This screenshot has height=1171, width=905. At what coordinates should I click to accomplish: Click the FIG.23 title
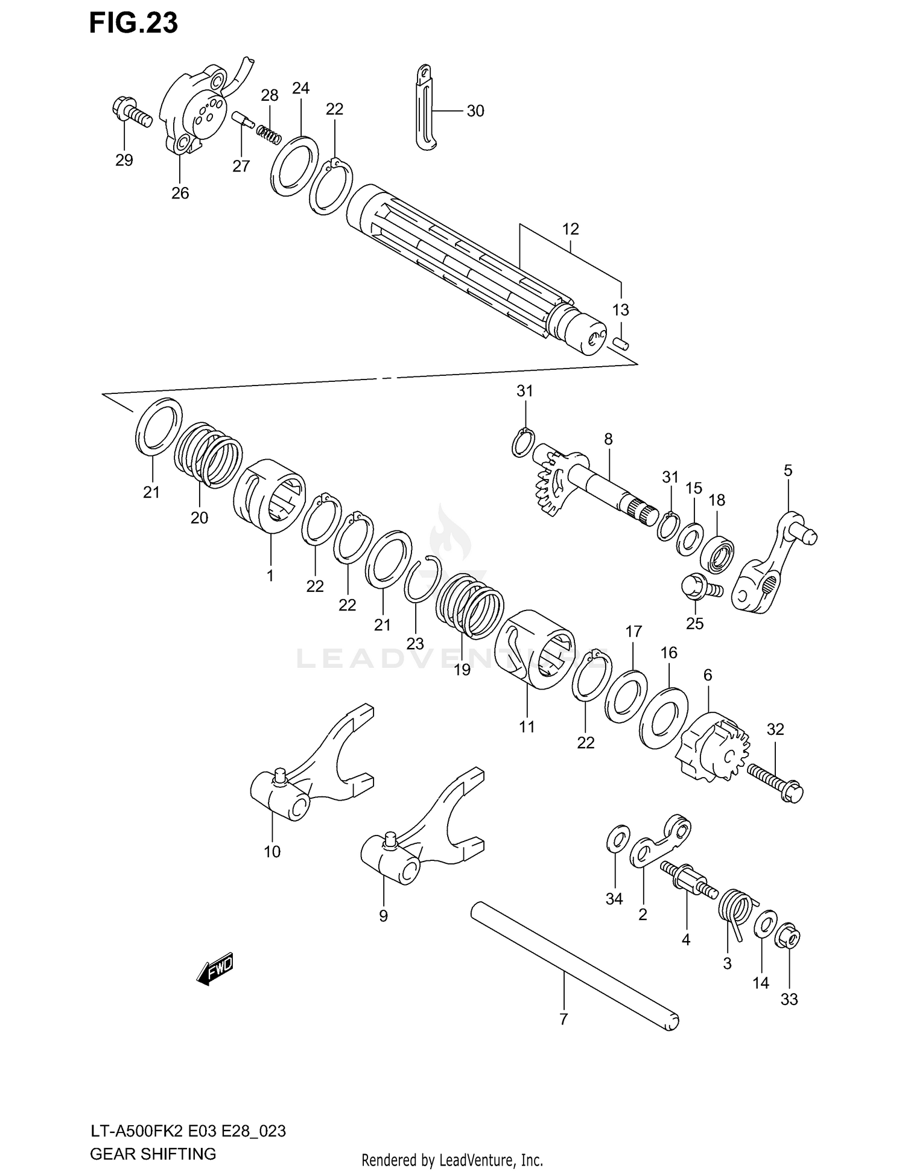tap(133, 23)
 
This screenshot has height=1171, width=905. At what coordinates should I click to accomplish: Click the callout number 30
tap(475, 111)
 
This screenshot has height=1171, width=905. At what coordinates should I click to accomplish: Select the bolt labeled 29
tap(130, 112)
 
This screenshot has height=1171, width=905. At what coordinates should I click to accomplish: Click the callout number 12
tap(570, 229)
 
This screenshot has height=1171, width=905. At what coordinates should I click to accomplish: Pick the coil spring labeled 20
tap(208, 455)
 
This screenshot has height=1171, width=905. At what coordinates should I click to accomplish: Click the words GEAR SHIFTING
tap(153, 1154)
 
